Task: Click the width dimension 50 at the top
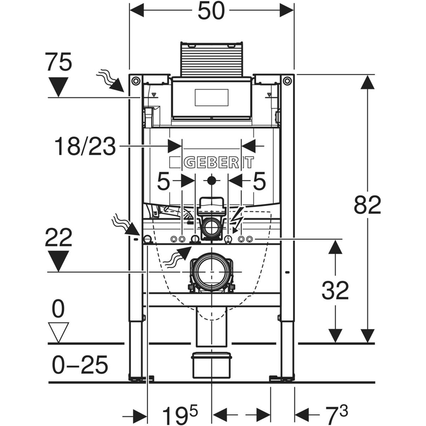point(212,11)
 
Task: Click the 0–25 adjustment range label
point(80,365)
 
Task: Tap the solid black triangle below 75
point(58,86)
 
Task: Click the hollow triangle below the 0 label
point(58,332)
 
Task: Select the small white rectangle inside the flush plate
point(211,98)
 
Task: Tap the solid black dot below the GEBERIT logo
point(212,180)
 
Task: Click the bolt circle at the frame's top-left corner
point(136,81)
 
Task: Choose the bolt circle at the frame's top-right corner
point(288,81)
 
